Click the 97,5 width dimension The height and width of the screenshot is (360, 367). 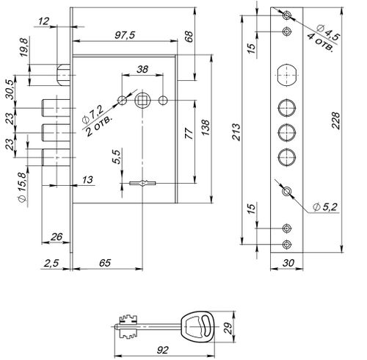point(125,35)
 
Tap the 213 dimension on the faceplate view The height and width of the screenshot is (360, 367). point(236,132)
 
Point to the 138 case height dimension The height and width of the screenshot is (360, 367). point(206,127)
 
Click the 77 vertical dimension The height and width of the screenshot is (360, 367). point(189,134)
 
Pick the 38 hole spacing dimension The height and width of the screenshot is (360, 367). point(142,69)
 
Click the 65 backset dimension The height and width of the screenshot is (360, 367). point(105,263)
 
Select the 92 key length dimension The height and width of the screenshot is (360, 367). point(163,350)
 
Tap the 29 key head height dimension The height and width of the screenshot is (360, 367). point(228,328)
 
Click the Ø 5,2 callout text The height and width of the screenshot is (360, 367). point(325,207)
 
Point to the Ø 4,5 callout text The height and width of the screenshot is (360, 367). point(328,32)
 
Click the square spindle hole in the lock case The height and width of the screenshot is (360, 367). point(142,100)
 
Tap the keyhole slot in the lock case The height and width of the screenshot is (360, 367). point(142,183)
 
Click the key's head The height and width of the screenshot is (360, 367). point(198,326)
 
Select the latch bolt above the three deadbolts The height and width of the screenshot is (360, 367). point(64,75)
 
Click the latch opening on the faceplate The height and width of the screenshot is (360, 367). point(287,75)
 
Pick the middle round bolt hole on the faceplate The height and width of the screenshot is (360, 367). point(287,132)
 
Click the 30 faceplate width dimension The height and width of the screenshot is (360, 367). point(288,263)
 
